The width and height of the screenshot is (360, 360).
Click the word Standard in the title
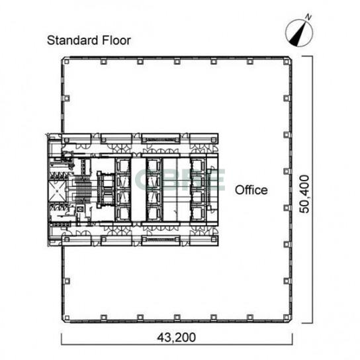point(73,40)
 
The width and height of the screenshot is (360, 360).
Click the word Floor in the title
point(116,40)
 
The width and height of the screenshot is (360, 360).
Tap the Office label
point(251,190)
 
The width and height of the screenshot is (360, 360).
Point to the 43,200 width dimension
point(176,337)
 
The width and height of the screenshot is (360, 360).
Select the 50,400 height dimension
point(305,194)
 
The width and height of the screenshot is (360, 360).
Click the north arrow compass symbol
point(299,32)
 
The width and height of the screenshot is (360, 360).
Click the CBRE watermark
point(179,180)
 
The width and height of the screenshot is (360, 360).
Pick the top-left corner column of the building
point(67,62)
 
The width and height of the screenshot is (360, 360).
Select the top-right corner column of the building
point(286,62)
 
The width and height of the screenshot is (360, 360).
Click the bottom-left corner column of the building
point(67,318)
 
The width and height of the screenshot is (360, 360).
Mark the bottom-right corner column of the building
point(286,318)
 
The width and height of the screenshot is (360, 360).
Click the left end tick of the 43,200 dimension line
point(62,339)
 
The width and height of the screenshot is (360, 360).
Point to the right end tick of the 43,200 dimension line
point(292,339)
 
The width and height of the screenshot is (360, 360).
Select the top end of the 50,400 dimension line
point(307,56)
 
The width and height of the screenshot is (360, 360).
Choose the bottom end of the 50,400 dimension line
point(307,323)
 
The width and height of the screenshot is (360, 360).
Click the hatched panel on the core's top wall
point(161,140)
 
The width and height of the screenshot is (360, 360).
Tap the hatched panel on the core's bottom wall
point(161,240)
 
